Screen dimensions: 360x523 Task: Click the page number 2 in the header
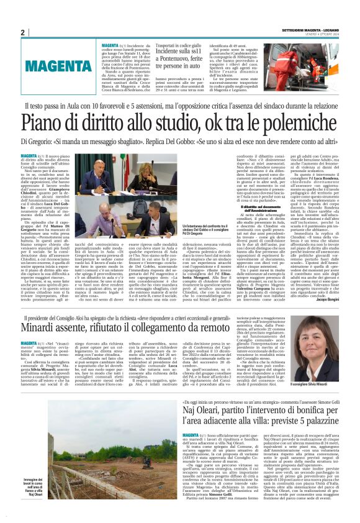pyautogui.click(x=22, y=32)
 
